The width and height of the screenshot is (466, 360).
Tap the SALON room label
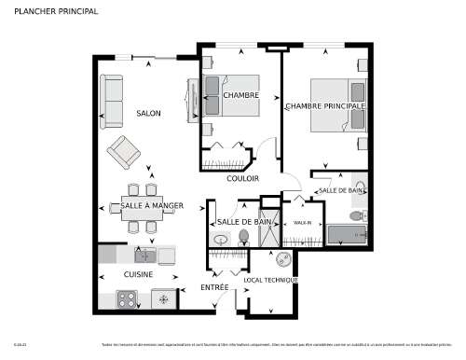(x=148, y=114)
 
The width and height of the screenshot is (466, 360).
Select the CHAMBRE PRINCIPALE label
(x=325, y=106)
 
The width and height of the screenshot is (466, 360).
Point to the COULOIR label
(x=242, y=178)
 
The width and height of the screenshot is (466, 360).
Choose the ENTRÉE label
(x=214, y=288)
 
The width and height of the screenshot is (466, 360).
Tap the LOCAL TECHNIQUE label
(x=270, y=280)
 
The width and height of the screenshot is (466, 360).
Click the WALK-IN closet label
(x=302, y=224)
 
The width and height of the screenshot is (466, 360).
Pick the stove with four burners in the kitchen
(x=126, y=299)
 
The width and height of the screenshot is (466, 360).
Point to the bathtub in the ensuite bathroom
(x=347, y=234)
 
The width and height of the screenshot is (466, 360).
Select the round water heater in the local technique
(x=283, y=258)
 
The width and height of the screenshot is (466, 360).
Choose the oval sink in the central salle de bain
(x=221, y=239)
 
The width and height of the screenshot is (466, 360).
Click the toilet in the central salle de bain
(x=244, y=238)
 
